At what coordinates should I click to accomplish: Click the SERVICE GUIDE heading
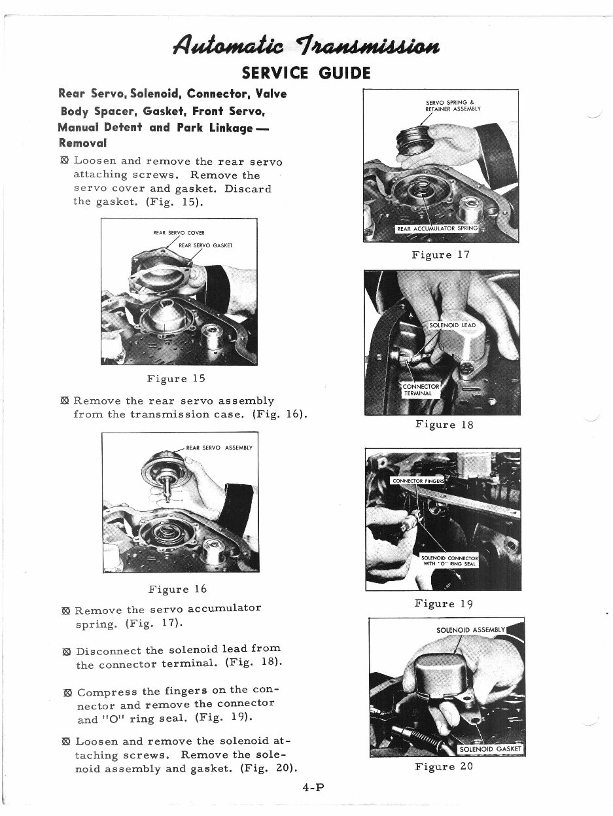(x=306, y=72)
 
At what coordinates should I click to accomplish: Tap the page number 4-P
(x=313, y=788)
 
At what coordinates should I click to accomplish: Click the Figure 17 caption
(x=441, y=255)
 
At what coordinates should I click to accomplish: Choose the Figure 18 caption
(x=444, y=425)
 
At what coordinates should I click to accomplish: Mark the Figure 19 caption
(x=444, y=603)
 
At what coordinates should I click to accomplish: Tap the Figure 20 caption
(x=444, y=766)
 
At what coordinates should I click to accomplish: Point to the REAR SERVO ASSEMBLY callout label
(x=219, y=448)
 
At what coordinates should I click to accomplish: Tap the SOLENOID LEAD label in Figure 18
(x=452, y=325)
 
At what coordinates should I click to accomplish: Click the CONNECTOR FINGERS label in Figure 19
(x=417, y=481)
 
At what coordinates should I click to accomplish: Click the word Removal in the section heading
(x=82, y=142)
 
